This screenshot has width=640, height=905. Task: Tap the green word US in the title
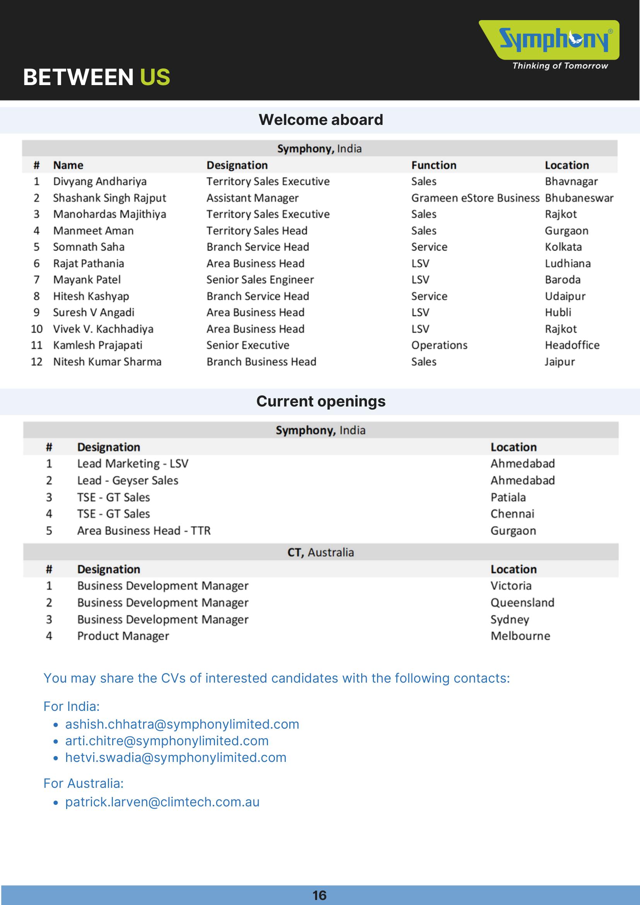(x=155, y=77)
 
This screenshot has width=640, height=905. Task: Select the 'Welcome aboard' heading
(x=321, y=120)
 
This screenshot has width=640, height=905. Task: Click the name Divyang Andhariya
(x=100, y=181)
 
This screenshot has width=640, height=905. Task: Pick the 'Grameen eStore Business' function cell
(x=475, y=198)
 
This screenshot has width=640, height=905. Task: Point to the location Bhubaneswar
(x=579, y=198)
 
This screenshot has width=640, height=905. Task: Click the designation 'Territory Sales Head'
(x=256, y=231)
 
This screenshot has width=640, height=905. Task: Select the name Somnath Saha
(x=89, y=247)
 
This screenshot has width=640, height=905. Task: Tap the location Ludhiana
(x=567, y=263)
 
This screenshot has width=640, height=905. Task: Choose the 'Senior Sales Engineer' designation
(x=260, y=280)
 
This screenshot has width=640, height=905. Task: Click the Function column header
(x=433, y=165)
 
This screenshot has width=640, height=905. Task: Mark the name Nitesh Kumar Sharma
(x=107, y=362)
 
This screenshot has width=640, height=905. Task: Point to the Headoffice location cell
(x=572, y=345)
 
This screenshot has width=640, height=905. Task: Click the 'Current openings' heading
(x=321, y=401)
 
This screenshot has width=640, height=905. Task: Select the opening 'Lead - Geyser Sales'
(x=128, y=480)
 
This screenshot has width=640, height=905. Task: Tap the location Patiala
(x=508, y=497)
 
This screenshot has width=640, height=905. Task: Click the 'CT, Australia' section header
(x=321, y=552)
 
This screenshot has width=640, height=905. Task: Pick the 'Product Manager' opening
(x=123, y=636)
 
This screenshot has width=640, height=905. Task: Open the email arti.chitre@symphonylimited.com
(x=167, y=741)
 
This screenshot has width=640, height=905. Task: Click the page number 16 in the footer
(x=319, y=895)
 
